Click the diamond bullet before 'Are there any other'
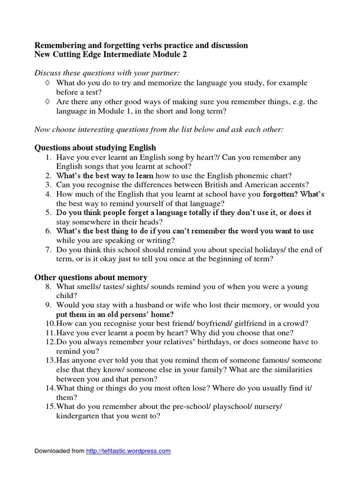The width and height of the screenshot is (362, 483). point(47,101)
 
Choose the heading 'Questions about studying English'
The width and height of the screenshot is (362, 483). point(95,148)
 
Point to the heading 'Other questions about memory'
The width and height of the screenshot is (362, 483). point(91,277)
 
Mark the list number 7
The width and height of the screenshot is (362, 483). point(48,250)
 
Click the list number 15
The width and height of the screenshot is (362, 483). point(50,407)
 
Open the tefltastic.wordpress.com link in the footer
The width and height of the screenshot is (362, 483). point(128,451)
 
